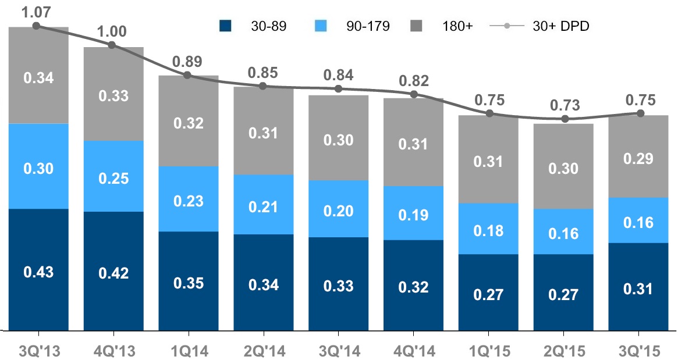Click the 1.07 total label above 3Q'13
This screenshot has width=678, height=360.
point(36,11)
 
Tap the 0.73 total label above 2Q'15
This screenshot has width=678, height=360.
point(565,105)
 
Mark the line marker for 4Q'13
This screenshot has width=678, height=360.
point(112,45)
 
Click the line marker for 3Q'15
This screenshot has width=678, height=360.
point(640,113)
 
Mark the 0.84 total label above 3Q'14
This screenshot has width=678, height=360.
point(339,75)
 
